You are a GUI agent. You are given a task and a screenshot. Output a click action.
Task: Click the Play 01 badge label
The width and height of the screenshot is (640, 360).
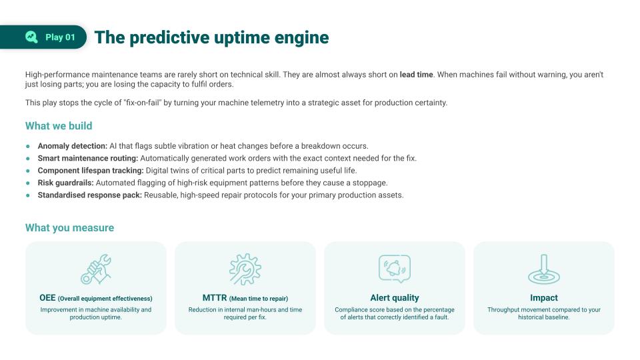60,37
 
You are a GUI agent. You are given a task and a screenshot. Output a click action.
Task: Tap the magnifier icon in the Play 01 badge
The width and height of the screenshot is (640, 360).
31,37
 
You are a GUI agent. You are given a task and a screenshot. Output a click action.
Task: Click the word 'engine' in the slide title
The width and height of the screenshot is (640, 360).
302,37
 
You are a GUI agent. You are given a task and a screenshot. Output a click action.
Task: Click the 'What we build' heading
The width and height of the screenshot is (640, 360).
59,126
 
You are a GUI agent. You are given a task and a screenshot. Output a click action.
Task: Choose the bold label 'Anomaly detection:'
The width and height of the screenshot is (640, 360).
73,146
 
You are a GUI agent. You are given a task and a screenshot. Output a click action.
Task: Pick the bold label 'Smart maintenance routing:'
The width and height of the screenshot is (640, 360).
88,158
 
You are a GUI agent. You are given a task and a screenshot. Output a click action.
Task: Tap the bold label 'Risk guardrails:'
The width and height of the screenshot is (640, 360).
66,183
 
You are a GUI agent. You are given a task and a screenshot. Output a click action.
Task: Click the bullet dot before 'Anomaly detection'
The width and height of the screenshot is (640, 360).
28,146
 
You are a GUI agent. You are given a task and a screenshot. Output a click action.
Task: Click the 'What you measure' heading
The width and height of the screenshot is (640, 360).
69,228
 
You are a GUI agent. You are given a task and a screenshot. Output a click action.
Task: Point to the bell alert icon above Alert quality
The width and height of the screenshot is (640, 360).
395,268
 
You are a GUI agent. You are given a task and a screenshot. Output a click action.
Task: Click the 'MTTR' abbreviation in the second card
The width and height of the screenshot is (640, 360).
215,298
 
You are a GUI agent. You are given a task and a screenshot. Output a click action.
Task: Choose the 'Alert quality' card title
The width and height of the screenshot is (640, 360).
395,298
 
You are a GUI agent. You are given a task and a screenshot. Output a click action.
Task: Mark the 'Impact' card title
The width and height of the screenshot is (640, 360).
544,298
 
